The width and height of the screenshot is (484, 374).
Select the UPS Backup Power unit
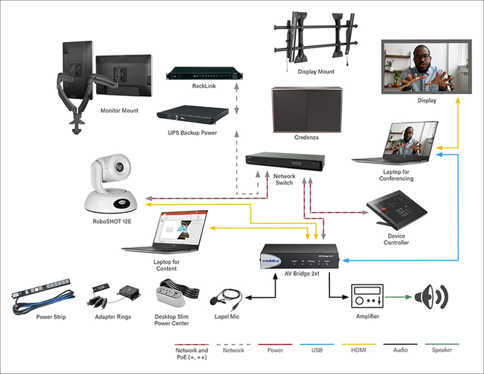pyautogui.click(x=192, y=116)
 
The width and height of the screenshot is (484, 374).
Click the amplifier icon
pyautogui.click(x=366, y=298)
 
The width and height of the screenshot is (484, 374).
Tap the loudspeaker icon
pyautogui.click(x=431, y=297)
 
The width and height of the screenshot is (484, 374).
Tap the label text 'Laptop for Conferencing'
pyautogui.click(x=395, y=175)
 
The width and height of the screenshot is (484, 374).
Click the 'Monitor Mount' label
pyautogui.click(x=119, y=111)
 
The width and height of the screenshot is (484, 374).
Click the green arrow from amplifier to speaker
pyautogui.click(x=399, y=298)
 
